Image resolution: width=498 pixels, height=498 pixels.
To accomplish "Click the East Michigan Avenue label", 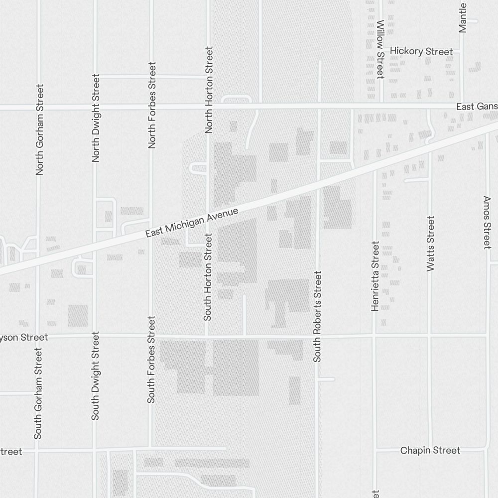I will coord(192,222).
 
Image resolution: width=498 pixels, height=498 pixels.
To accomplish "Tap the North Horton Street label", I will coord(209,90).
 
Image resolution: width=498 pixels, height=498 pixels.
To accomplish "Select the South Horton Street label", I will coord(208,277).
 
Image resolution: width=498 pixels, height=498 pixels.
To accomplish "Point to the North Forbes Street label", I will coord(152,105).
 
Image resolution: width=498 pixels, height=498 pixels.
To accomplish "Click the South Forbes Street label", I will coord(151,359).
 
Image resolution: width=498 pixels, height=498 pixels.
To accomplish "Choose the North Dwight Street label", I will coord(96,118).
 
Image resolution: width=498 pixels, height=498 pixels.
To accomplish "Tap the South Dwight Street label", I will coord(95,376).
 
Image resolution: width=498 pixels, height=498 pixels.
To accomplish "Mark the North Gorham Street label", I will coord(40,129).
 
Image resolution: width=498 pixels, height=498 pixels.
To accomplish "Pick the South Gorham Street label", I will coord(38,393).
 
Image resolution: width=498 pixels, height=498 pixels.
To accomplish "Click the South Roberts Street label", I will coord(318,316).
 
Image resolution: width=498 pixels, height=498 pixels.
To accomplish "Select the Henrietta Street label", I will coord(375,276).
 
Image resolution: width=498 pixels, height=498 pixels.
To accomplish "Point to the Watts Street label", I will coord(431,244).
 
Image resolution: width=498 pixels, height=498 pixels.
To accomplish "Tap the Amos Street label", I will coord(487,222).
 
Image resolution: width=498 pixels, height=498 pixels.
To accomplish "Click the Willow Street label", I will coord(380,49).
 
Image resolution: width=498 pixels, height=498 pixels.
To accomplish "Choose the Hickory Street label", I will coord(421,51).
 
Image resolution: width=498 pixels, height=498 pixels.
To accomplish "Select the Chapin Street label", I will coord(430,450).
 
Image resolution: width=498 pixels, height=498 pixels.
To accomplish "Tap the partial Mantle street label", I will coord(463,17).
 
